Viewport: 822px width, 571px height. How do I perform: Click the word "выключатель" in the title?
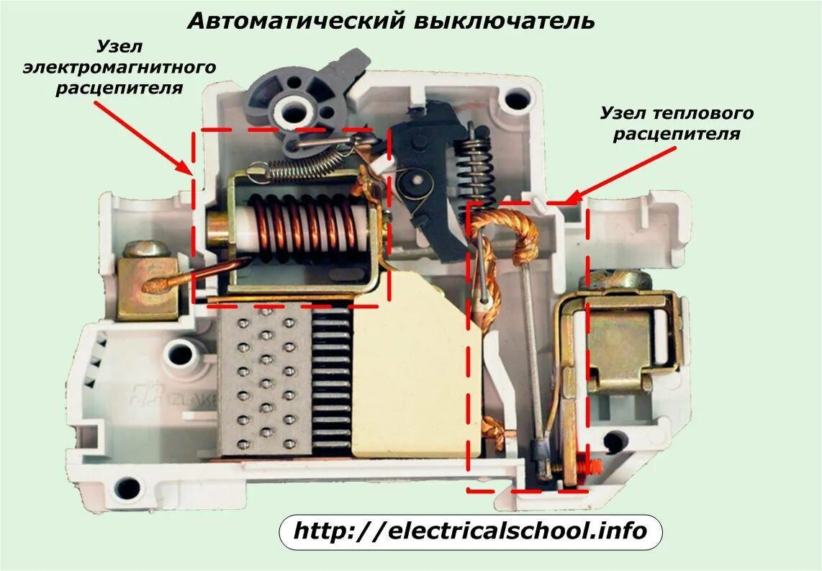[504, 19]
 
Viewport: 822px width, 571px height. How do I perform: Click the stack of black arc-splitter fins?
[332, 382]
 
